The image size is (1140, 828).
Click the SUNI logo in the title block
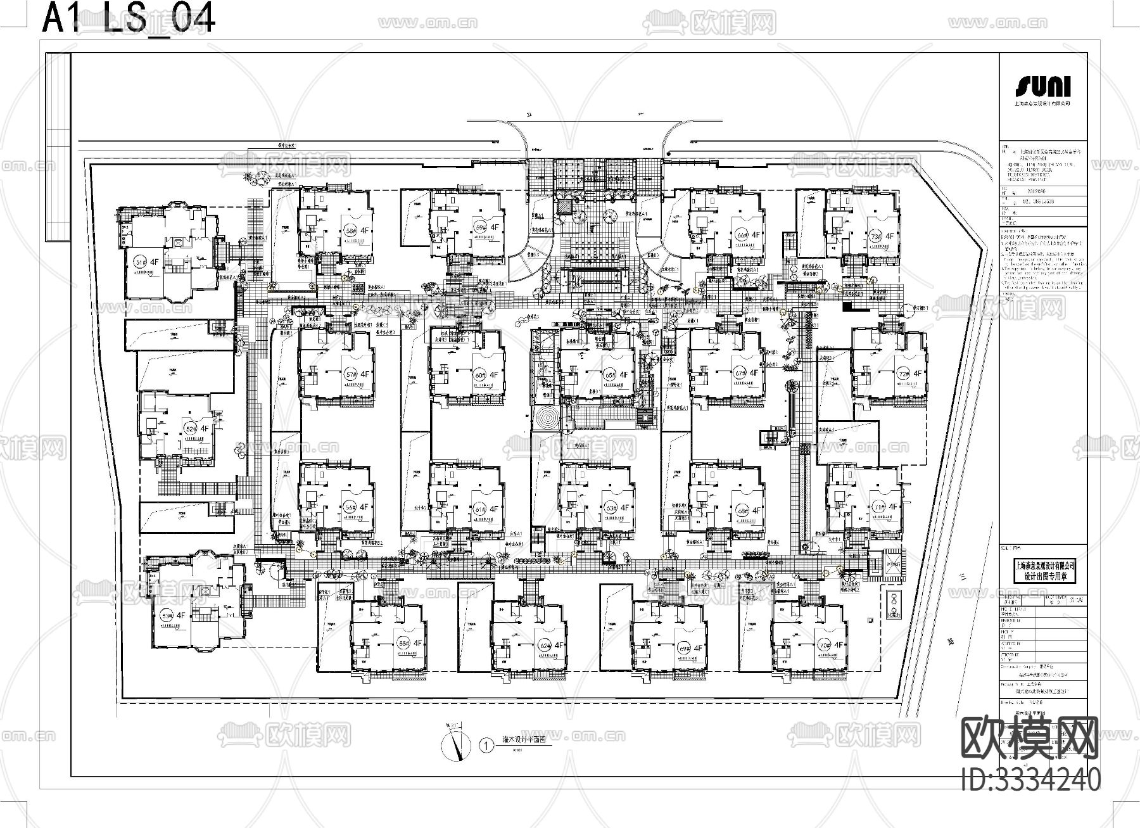(x=1042, y=86)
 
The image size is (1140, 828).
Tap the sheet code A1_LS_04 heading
(x=129, y=18)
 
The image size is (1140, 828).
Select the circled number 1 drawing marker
(x=486, y=746)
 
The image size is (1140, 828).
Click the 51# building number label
(x=141, y=261)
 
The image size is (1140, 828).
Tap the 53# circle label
(x=167, y=615)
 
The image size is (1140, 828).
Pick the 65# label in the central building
(x=610, y=374)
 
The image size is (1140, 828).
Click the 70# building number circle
(x=825, y=645)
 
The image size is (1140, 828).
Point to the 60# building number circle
(x=479, y=375)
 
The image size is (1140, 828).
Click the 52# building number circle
(x=189, y=429)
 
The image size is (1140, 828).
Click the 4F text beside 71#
(x=892, y=506)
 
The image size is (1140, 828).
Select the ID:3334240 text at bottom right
(x=1030, y=780)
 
